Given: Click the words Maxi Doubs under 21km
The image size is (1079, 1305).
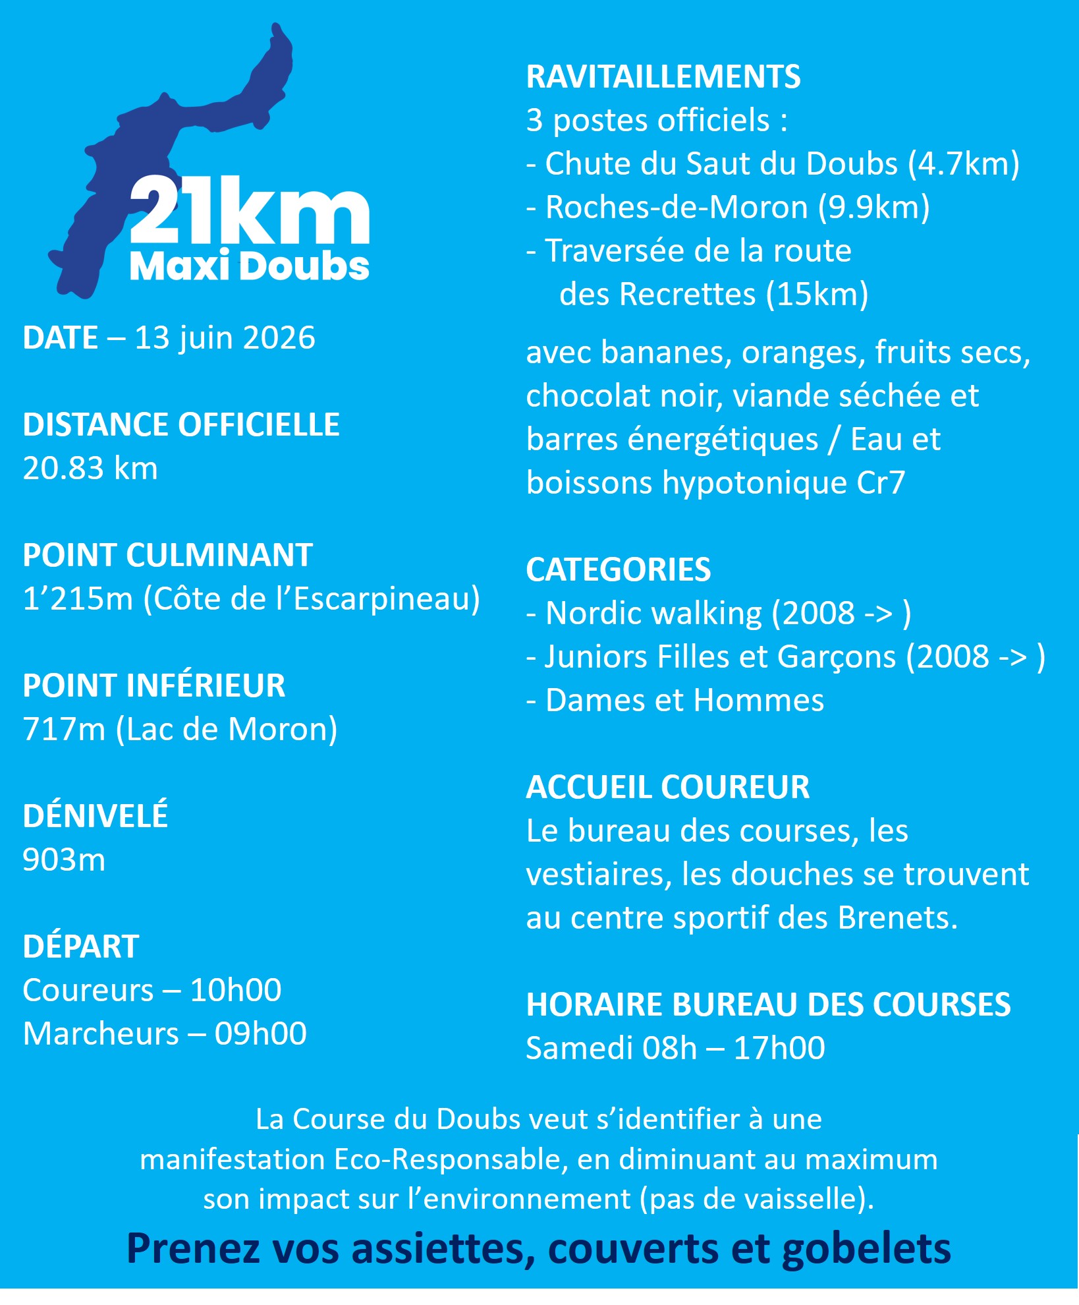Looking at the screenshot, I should pyautogui.click(x=249, y=266).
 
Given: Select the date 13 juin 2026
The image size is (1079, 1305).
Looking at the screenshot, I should pyautogui.click(x=225, y=337).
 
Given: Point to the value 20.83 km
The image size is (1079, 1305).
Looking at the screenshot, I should pyautogui.click(x=90, y=468).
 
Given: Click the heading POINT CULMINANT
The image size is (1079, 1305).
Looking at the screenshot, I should pyautogui.click(x=167, y=555).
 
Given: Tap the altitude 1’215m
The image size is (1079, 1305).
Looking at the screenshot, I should pyautogui.click(x=78, y=598).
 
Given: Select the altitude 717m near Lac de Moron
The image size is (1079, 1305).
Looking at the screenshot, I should pyautogui.click(x=64, y=729).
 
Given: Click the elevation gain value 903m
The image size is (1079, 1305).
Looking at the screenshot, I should pyautogui.click(x=64, y=859).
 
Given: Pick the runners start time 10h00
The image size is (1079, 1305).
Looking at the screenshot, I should pyautogui.click(x=235, y=990).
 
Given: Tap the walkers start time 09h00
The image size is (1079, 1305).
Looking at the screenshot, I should pyautogui.click(x=260, y=1033).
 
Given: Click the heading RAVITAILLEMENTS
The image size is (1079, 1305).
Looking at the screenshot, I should pyautogui.click(x=663, y=76).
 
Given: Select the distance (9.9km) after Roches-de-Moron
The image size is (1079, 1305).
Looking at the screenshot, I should pyautogui.click(x=873, y=207).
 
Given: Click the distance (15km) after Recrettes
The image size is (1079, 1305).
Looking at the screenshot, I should pyautogui.click(x=817, y=294).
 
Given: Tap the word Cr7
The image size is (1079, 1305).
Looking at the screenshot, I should pyautogui.click(x=881, y=482).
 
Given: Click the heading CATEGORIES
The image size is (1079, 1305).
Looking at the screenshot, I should pyautogui.click(x=618, y=569).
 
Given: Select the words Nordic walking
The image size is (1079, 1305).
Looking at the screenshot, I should pyautogui.click(x=653, y=613).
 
